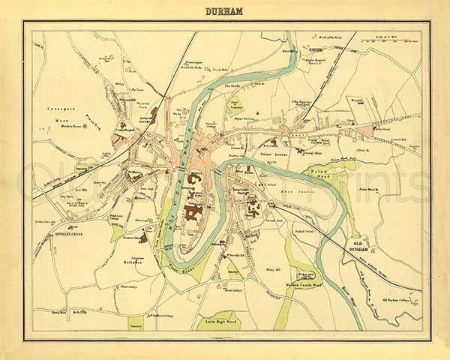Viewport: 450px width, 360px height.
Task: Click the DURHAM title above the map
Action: [x=224, y=12]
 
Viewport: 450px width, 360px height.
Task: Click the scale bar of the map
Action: [x=391, y=38]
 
